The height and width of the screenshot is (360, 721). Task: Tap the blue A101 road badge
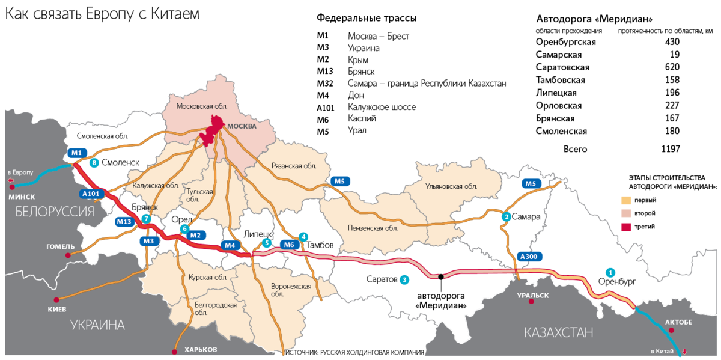[x=90, y=194]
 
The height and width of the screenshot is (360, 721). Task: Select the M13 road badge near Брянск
[x=124, y=222]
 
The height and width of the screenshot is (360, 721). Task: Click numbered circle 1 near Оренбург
[x=610, y=272]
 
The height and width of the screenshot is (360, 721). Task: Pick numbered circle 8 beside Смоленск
[x=93, y=163]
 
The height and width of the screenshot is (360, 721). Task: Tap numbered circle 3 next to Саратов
[x=405, y=279]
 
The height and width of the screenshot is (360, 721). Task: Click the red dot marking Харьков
[x=174, y=352]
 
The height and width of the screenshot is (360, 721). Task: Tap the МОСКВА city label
[x=241, y=127]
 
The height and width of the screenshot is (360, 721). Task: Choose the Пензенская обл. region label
[x=373, y=228]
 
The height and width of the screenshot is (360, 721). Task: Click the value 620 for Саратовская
[x=672, y=67]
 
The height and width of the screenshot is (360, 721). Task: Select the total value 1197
[x=670, y=149]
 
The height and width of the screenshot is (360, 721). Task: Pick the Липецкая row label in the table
[x=556, y=93]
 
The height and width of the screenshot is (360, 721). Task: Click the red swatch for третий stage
[x=627, y=227]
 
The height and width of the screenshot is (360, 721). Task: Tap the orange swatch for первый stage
[x=627, y=200]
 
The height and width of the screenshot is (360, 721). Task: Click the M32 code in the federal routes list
[x=325, y=84]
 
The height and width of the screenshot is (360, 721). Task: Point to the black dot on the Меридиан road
[x=441, y=276]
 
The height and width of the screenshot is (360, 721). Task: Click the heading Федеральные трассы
[x=367, y=18]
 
